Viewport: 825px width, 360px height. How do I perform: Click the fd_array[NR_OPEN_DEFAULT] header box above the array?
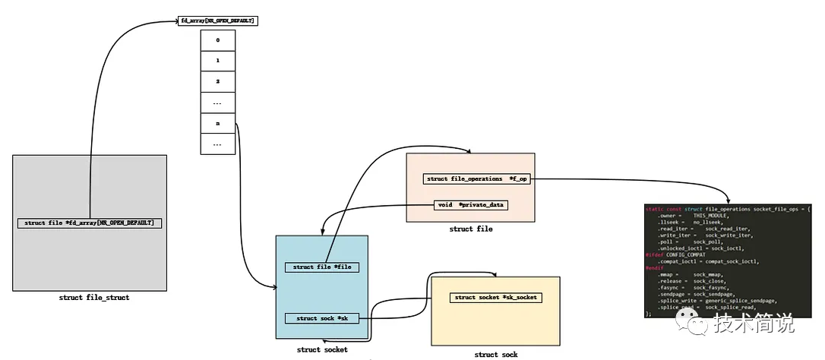[217, 21]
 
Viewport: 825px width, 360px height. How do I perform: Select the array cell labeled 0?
[218, 39]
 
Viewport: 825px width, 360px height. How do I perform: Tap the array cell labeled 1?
[218, 60]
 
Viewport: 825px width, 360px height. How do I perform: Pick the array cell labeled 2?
[218, 81]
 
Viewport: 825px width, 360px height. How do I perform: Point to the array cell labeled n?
[218, 122]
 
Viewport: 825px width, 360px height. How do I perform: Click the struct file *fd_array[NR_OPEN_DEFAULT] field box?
[90, 223]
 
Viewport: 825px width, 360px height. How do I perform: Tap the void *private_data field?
[471, 205]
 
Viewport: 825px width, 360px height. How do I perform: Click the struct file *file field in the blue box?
[321, 267]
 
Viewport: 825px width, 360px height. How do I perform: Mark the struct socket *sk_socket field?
[496, 298]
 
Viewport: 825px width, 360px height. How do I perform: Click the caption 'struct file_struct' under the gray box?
[94, 298]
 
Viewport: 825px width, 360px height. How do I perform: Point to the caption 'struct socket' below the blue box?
[322, 350]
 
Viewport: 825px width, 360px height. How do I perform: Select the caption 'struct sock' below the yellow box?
[496, 355]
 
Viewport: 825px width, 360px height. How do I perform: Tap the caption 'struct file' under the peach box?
[471, 229]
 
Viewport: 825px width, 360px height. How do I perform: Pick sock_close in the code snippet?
[709, 280]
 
